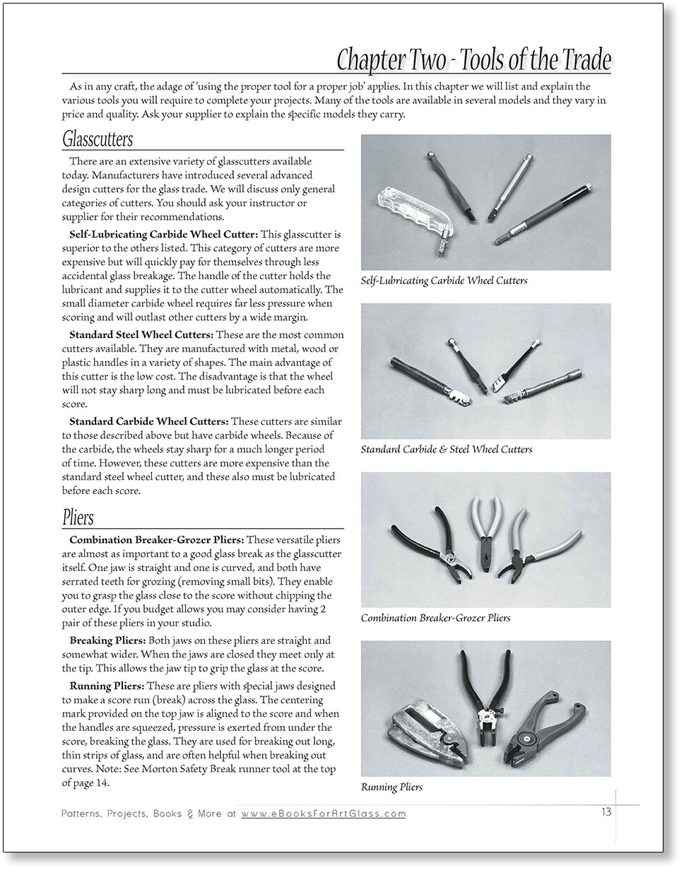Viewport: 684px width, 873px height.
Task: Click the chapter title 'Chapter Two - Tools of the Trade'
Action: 473,60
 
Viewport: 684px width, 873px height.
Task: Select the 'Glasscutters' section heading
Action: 97,138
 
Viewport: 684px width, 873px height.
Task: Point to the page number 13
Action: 606,812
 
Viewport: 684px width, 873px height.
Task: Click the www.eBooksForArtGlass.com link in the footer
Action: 324,814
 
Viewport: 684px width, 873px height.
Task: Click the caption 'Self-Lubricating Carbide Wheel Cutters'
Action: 444,281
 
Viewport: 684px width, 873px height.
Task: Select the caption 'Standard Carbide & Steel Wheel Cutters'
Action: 446,449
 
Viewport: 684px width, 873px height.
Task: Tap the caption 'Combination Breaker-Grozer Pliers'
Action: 435,618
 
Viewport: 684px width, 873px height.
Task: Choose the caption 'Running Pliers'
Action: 391,787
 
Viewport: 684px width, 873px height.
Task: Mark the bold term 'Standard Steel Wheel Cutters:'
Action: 141,334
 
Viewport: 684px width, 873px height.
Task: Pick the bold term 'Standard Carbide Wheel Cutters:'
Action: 149,422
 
